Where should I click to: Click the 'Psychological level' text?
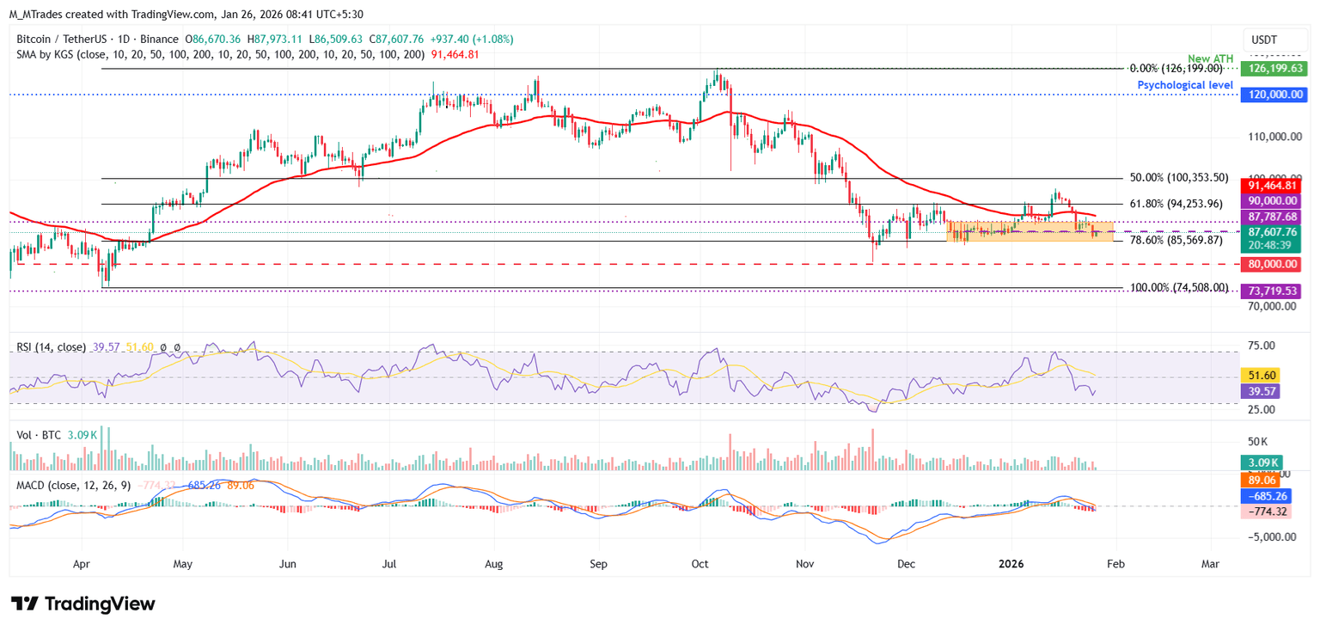click(1185, 85)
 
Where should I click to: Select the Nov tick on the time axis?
click(804, 565)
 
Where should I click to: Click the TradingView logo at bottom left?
click(82, 603)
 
